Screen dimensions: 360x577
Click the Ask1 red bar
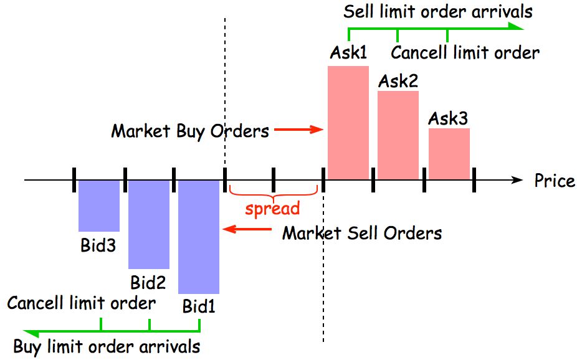(x=348, y=122)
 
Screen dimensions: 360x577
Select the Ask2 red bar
(x=398, y=135)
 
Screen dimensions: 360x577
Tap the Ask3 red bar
(x=449, y=154)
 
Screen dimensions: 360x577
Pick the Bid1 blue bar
(x=199, y=237)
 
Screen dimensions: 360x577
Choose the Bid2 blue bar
(x=149, y=224)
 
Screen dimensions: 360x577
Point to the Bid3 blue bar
(x=98, y=206)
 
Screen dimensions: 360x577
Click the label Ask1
(x=348, y=54)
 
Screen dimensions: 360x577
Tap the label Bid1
(x=199, y=306)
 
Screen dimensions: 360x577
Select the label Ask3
(x=448, y=118)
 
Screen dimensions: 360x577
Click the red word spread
(x=272, y=208)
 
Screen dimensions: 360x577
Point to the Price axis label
(x=555, y=181)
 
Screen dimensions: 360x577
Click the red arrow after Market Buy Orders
(x=299, y=130)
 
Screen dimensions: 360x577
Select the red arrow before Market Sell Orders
(x=247, y=230)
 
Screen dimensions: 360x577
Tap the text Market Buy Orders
(x=190, y=131)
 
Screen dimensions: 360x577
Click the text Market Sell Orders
(x=362, y=233)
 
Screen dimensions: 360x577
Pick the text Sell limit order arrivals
(x=438, y=11)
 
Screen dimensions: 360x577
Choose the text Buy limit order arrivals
(x=107, y=346)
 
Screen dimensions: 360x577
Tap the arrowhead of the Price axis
(x=517, y=180)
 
